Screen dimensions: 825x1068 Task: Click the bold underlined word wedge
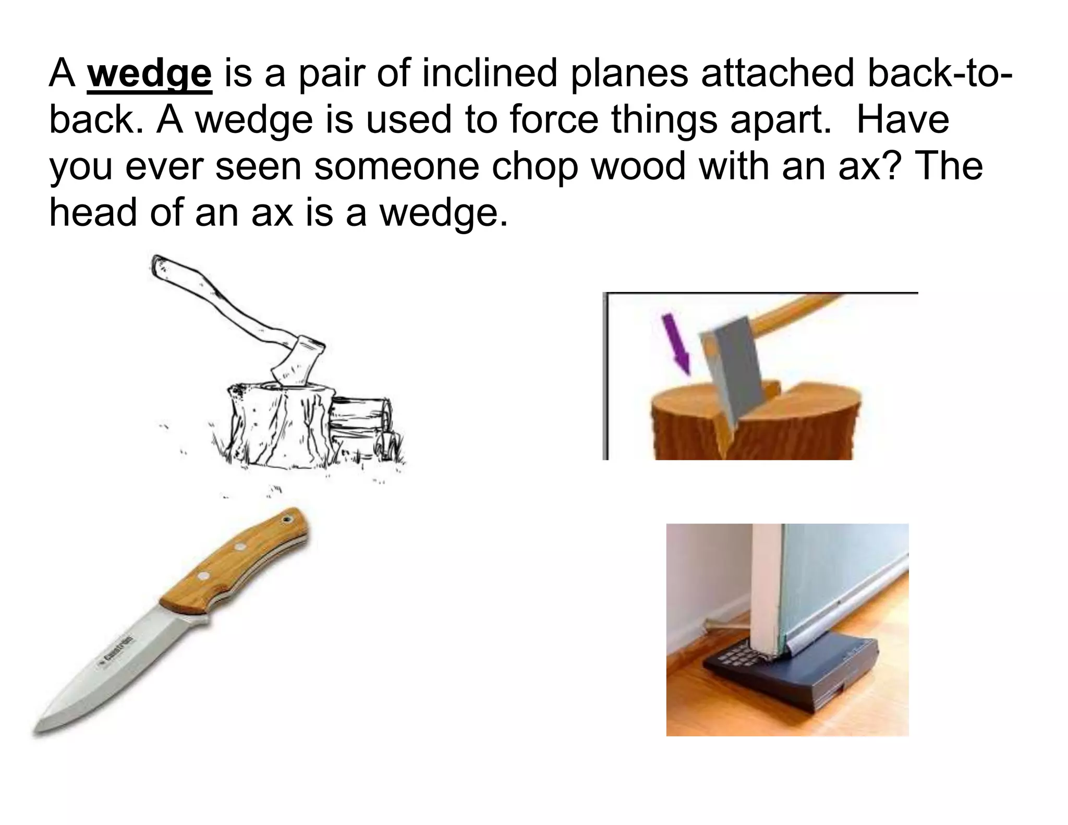[150, 75]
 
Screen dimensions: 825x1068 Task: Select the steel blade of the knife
[120, 662]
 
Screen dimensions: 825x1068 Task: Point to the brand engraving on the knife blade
[115, 651]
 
